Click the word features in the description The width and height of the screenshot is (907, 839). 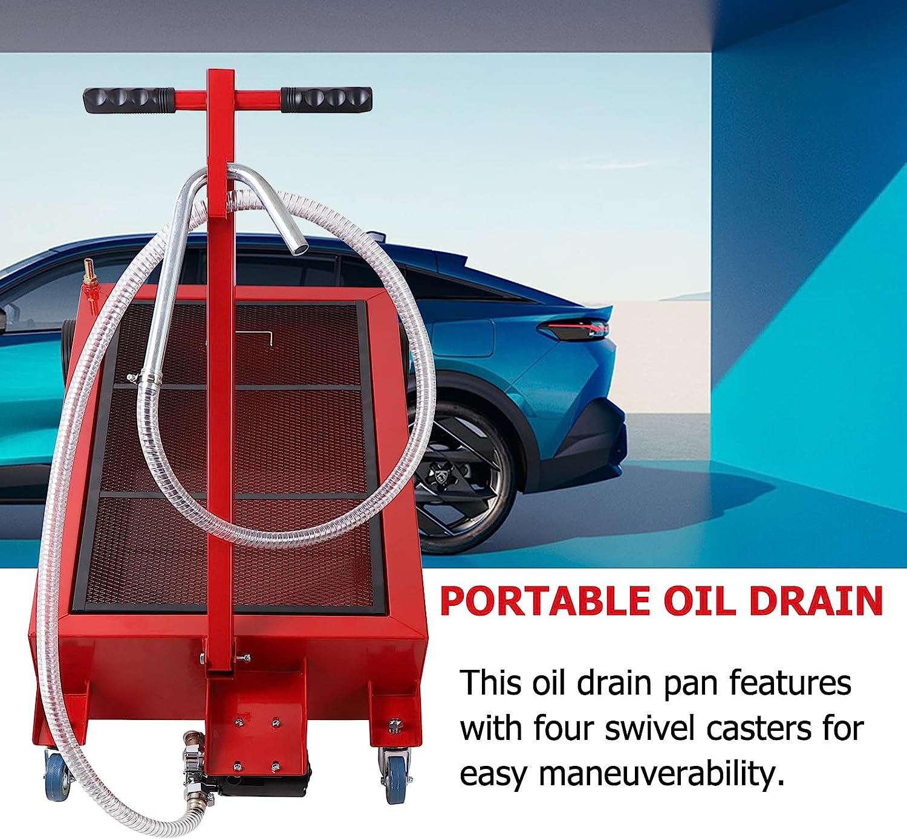pos(790,683)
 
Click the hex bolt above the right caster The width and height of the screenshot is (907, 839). pos(395,724)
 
